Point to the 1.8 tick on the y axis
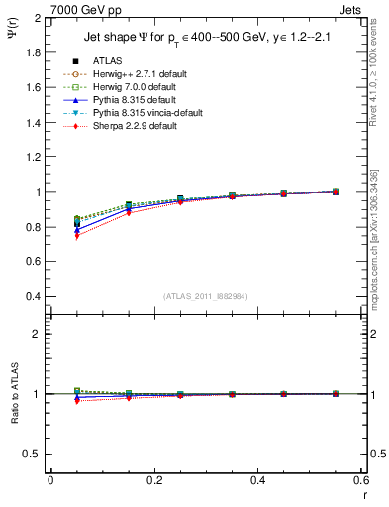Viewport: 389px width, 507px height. click(x=34, y=52)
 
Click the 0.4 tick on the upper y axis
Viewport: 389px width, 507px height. click(x=34, y=296)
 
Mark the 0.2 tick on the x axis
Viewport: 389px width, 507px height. click(x=154, y=480)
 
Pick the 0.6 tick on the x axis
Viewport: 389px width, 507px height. click(x=360, y=480)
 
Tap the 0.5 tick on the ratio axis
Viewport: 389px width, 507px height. click(x=34, y=454)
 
